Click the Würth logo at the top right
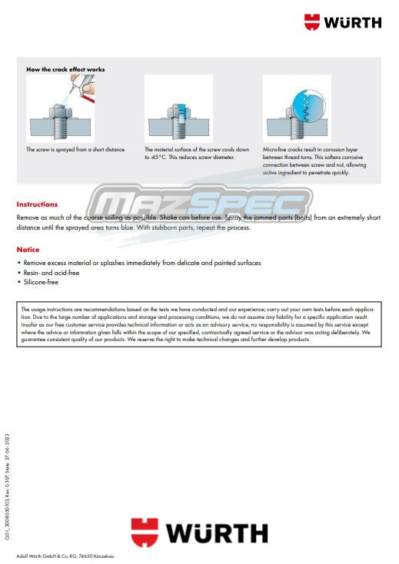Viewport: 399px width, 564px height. pos(342,22)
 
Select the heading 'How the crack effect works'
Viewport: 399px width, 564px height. pos(65,69)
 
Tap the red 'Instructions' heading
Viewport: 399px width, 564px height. pos(37,204)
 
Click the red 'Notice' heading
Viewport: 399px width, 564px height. pos(28,250)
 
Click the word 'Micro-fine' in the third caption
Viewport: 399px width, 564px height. pos(276,150)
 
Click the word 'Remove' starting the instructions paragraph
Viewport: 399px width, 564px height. pos(29,218)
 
